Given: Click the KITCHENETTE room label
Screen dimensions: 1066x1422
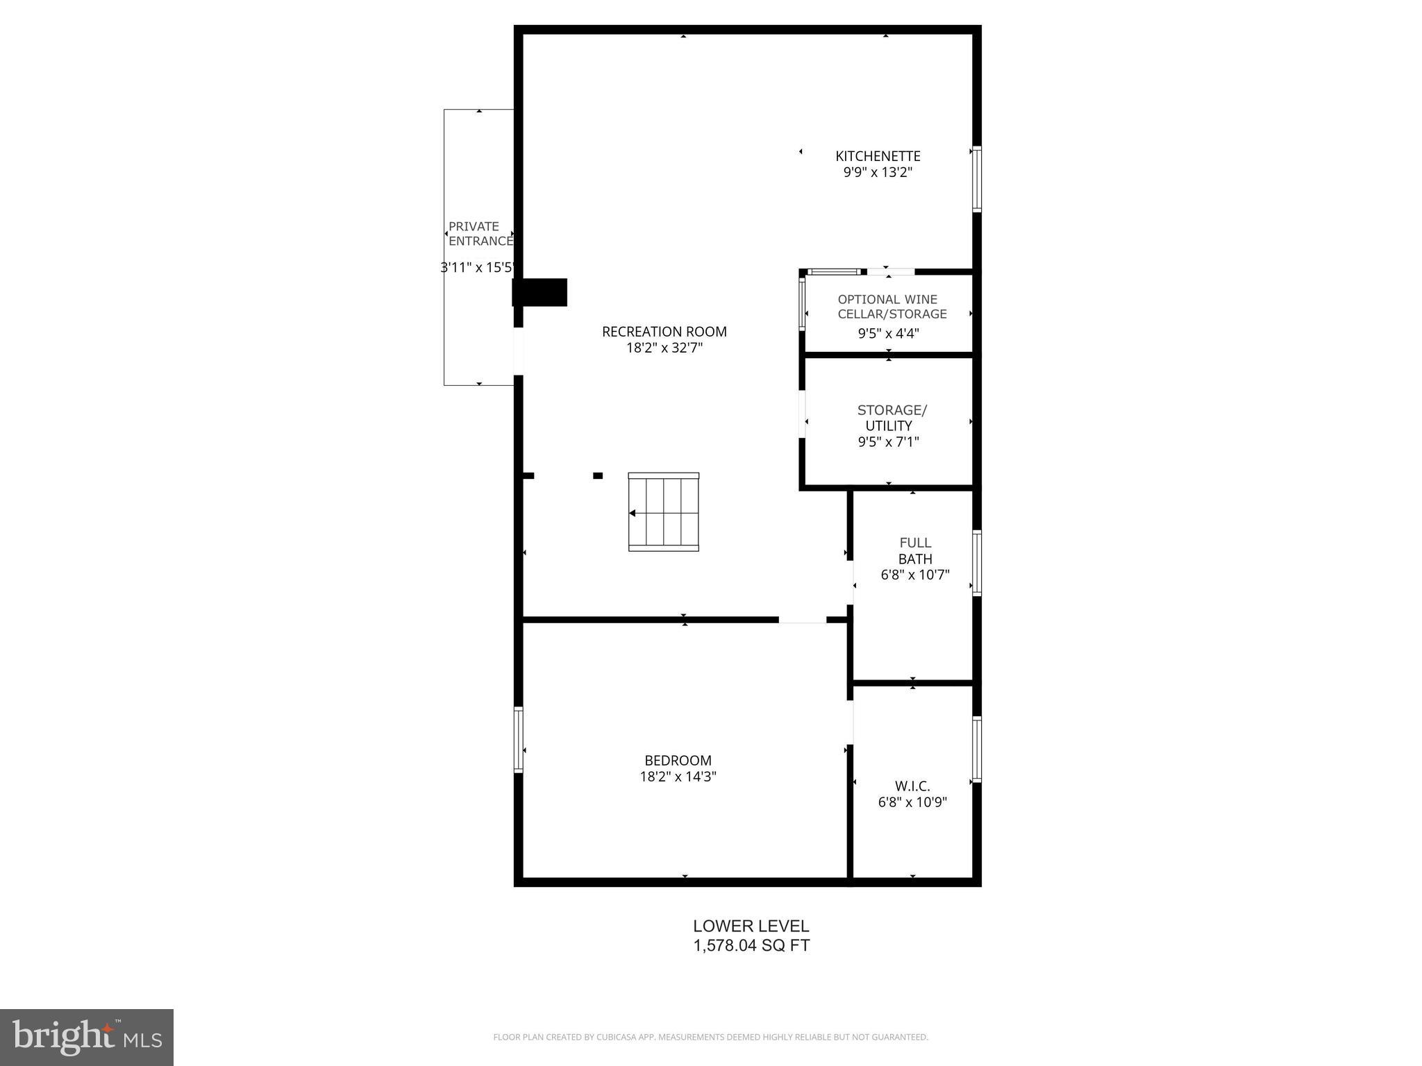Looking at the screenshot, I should (878, 156).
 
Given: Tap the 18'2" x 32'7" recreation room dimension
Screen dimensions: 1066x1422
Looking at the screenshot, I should (664, 348).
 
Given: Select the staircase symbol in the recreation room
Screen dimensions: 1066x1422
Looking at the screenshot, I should (663, 512).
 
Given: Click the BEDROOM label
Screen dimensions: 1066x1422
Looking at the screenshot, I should (678, 760).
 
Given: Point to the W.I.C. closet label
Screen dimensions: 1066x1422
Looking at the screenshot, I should (912, 786).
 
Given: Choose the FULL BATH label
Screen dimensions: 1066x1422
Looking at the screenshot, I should (914, 551).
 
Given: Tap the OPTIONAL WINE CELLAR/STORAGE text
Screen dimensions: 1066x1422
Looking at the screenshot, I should (891, 307).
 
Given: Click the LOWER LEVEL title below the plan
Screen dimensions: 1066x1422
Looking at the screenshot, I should (751, 926).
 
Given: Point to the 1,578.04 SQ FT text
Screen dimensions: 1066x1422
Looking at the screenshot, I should (751, 945).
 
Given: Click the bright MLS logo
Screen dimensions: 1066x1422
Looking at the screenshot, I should (87, 1038).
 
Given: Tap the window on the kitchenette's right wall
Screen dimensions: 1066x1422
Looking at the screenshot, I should (976, 179).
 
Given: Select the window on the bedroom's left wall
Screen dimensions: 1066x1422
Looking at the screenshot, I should (518, 739).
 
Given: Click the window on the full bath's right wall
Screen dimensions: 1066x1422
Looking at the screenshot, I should (976, 563).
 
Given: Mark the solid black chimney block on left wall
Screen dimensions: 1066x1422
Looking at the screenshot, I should (539, 292).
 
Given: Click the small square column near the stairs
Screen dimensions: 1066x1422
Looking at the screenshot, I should (597, 475).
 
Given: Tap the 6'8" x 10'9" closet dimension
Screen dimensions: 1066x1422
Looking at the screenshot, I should (912, 802).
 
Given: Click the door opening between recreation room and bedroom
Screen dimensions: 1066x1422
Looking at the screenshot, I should (802, 619).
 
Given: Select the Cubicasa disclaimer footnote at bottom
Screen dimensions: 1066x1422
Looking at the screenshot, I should (710, 1037).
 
